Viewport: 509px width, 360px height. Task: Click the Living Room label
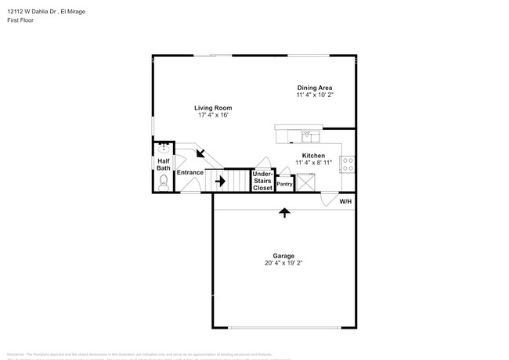click(213, 108)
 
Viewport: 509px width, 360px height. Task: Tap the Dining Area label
click(315, 88)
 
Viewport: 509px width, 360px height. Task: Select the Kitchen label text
click(314, 155)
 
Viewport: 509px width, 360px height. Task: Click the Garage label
click(283, 256)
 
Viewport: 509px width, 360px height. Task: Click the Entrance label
click(190, 172)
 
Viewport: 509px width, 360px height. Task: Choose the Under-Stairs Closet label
click(262, 181)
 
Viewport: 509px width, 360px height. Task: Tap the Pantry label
click(284, 184)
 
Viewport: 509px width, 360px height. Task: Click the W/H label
click(345, 202)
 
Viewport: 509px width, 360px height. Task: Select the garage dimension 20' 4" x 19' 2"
click(283, 263)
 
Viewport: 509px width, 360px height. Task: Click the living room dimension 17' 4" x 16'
click(213, 115)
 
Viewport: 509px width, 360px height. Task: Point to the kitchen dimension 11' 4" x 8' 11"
click(314, 162)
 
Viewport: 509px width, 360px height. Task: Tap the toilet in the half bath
click(163, 183)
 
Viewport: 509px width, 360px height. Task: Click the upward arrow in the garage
click(283, 211)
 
